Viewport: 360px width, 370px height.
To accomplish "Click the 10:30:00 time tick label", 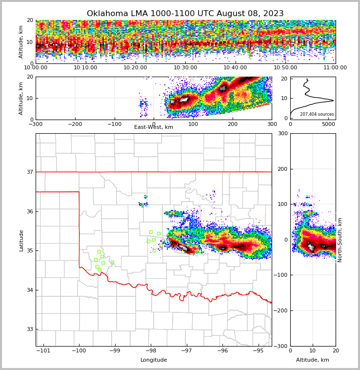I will [x=185, y=68].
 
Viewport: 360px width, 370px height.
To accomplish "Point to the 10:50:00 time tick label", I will [x=285, y=68].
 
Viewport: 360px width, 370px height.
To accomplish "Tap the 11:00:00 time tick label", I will [x=335, y=68].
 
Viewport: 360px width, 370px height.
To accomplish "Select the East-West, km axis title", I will [x=154, y=127].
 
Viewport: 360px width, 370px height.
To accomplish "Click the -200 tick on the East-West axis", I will [x=75, y=124].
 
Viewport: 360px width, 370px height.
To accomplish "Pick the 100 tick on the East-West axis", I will [x=193, y=124].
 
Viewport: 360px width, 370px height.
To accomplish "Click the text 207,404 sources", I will [x=317, y=114].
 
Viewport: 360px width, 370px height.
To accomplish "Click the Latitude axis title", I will [x=21, y=240].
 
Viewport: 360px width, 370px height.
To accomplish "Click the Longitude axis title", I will [x=154, y=360].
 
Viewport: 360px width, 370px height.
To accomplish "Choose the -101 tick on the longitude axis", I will [x=43, y=351].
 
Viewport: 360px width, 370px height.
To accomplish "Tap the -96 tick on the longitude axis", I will [x=222, y=351].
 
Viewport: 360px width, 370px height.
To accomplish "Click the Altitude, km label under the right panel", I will [x=313, y=360].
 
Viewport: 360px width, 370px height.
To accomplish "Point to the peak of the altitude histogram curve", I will [x=333, y=101].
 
